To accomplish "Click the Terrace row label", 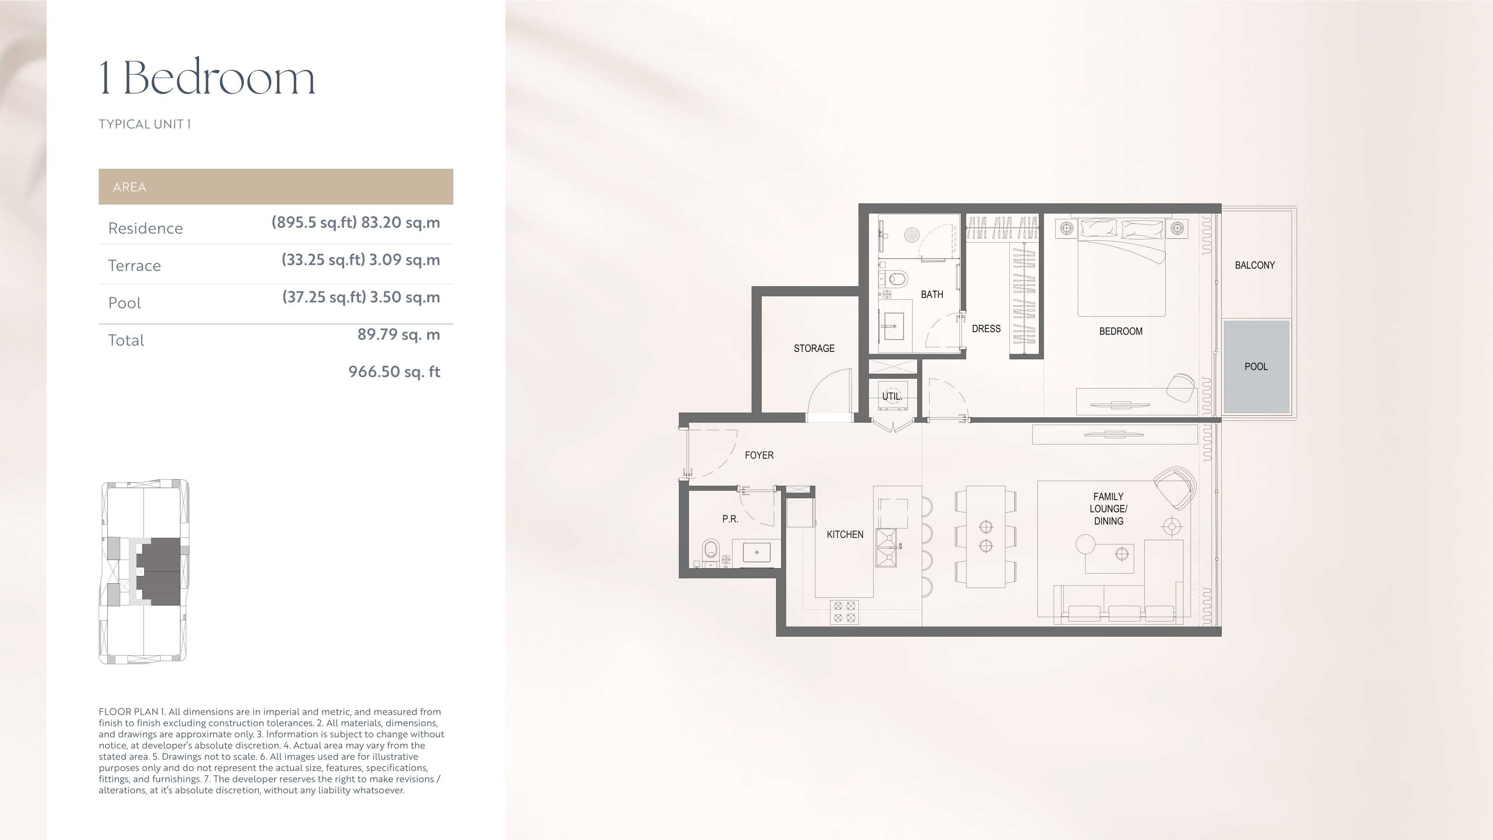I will [x=135, y=266].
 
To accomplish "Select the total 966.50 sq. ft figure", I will [x=394, y=372].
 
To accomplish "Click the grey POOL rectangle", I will [x=1256, y=366].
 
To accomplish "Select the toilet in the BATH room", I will [x=895, y=280].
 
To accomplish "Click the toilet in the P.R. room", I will [x=711, y=549].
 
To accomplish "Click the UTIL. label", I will [x=892, y=397].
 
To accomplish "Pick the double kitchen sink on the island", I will [x=886, y=547].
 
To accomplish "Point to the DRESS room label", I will [x=986, y=329].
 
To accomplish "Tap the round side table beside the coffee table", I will [x=1085, y=544].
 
